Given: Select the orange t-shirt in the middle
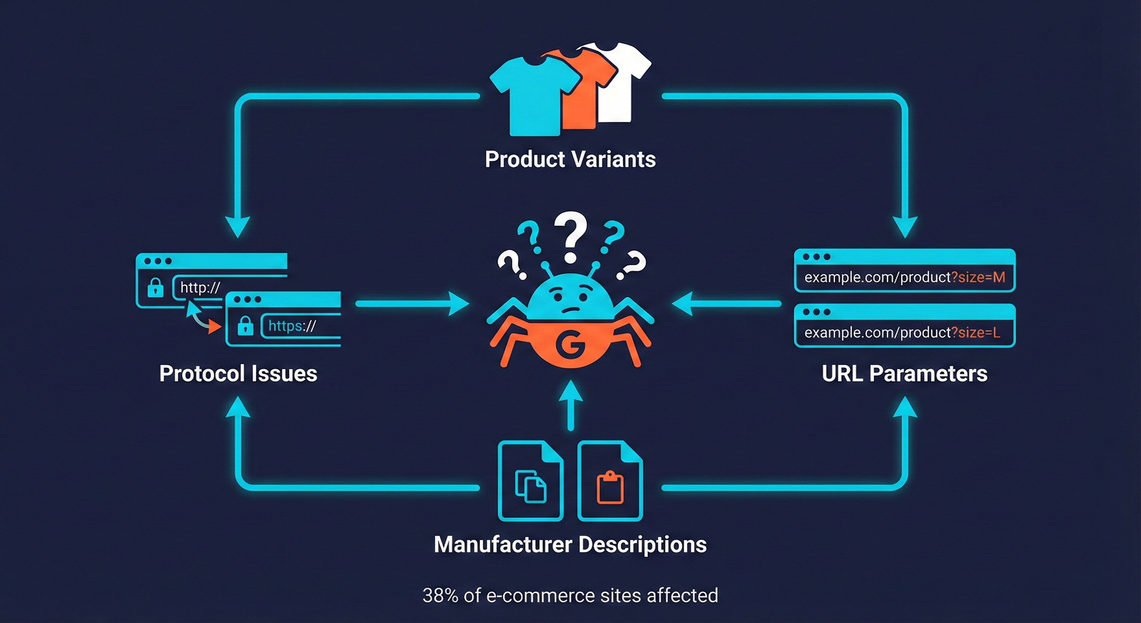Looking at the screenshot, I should point(584,95).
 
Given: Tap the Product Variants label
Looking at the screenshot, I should point(570,159).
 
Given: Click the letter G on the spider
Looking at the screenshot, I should point(570,344).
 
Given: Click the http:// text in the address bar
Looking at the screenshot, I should point(200,288).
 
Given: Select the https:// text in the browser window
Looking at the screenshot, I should point(292,326).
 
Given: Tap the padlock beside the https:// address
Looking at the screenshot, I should point(246,327).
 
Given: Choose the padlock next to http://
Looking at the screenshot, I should point(155,288).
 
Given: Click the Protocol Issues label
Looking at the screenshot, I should point(238,374).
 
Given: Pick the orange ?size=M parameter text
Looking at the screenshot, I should point(978,277).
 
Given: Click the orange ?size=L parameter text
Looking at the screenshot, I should point(975,333).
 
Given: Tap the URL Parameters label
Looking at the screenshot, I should point(904,374).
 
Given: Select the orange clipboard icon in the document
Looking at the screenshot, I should point(610,488).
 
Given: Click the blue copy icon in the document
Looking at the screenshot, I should point(530,486).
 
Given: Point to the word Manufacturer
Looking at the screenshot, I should point(503,544).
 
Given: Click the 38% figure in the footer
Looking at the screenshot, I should point(440,595).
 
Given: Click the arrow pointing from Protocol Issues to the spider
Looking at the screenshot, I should point(412,304).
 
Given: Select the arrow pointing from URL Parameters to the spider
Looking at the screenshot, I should point(726,304).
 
